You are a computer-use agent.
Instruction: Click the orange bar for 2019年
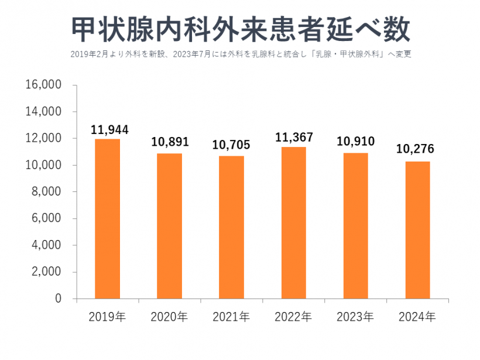tap(107, 219)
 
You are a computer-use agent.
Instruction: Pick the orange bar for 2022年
tap(293, 222)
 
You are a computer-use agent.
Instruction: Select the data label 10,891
tap(169, 143)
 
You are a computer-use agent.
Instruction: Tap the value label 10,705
tap(231, 146)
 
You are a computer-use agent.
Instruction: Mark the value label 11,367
tap(294, 137)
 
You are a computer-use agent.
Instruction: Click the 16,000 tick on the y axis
tap(44, 85)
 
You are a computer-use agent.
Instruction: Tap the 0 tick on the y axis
tap(58, 299)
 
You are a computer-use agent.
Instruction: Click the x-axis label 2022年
tap(293, 317)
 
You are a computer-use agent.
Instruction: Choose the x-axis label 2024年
tap(417, 317)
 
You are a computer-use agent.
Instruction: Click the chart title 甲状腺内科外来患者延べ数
tap(239, 29)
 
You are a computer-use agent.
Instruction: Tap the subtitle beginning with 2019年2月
tap(241, 54)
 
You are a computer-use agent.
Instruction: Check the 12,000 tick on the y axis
tap(44, 138)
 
